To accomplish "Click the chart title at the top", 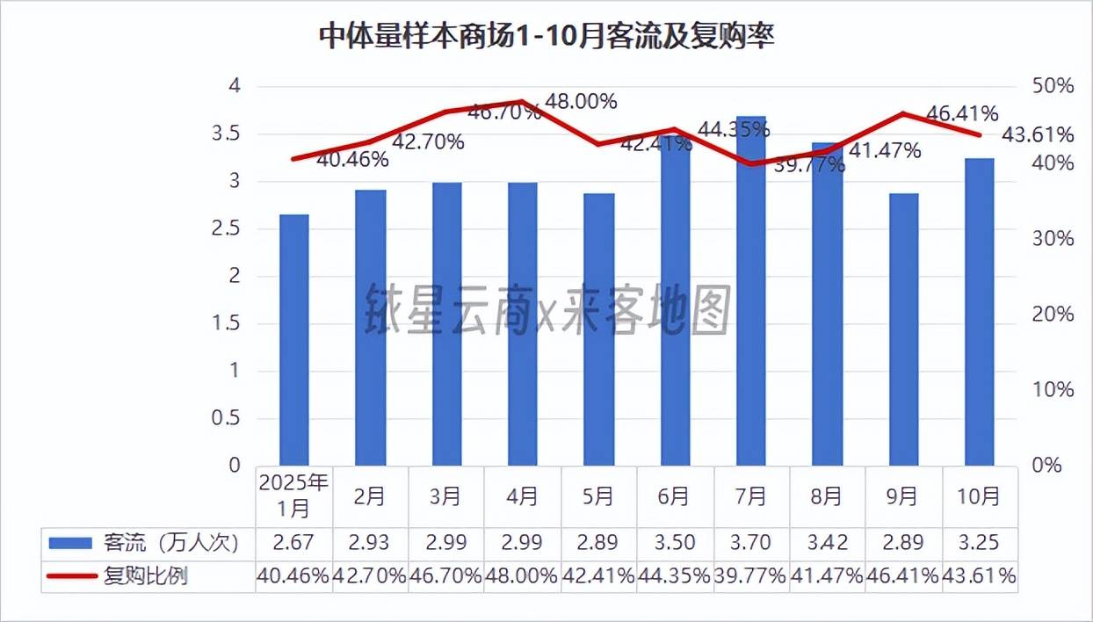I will tap(546, 38).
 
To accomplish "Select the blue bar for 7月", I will tap(751, 290).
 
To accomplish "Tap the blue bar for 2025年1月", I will tap(294, 339).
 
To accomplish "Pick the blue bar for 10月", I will tap(980, 312).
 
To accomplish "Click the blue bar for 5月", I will tap(599, 329).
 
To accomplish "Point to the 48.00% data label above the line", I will tap(581, 102).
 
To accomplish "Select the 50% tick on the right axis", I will tap(1053, 86).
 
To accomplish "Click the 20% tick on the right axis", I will tap(1053, 314).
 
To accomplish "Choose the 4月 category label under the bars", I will tap(522, 496).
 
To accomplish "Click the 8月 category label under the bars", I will tap(827, 496).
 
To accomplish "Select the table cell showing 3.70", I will tap(751, 542).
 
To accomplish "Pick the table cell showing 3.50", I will tap(675, 542).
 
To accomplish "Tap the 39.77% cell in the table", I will tap(751, 576).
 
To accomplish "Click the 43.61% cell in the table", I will tap(980, 576).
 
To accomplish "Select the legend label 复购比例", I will tap(146, 576).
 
